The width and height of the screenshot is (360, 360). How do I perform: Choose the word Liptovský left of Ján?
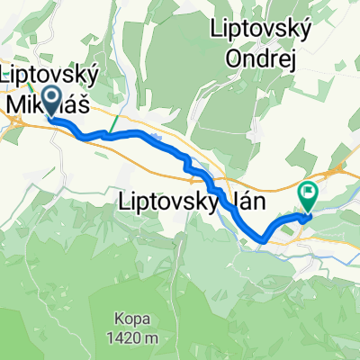pos(167,203)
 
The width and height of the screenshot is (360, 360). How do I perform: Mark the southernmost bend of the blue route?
pos(262,238)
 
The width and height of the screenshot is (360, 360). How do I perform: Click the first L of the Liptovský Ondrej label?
pos(213,30)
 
